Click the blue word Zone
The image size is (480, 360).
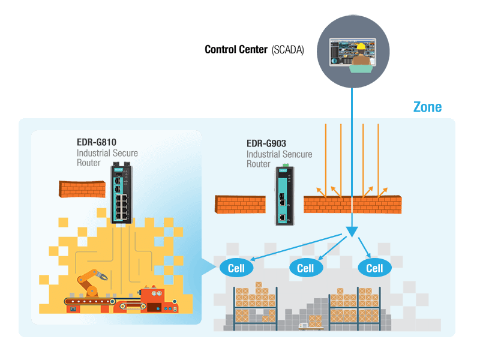[427, 107]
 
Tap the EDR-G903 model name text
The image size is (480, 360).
[266, 143]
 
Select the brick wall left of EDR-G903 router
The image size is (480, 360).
[241, 204]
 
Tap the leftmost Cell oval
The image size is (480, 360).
[236, 268]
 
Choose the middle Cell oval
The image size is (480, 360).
[306, 268]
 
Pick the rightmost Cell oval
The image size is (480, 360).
[374, 268]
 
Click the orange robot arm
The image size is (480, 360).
[91, 280]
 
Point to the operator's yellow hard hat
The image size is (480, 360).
[361, 46]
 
